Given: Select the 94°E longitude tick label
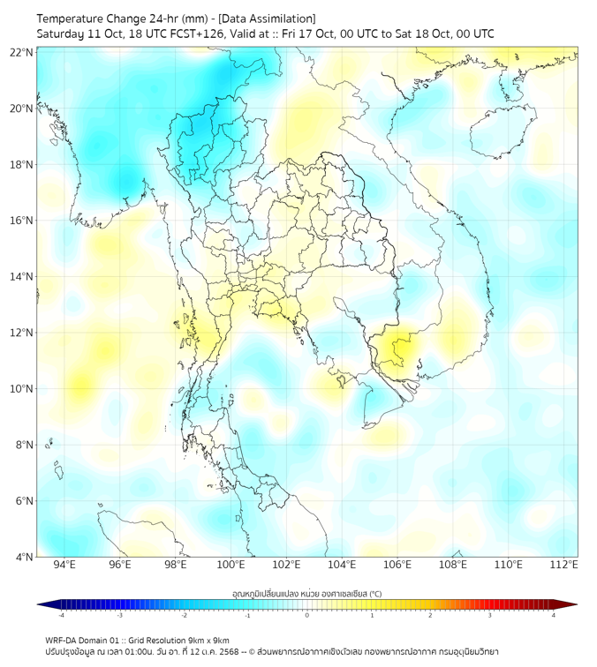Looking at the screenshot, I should tap(64, 565).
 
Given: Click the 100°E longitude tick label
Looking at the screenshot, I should tap(231, 565).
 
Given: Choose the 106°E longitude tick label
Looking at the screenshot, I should tap(397, 565).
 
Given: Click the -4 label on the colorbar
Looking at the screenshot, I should tap(61, 615).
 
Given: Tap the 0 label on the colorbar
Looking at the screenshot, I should tap(307, 615).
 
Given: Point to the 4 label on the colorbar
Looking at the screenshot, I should tap(553, 615).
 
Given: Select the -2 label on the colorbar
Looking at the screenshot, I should tap(184, 615).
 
